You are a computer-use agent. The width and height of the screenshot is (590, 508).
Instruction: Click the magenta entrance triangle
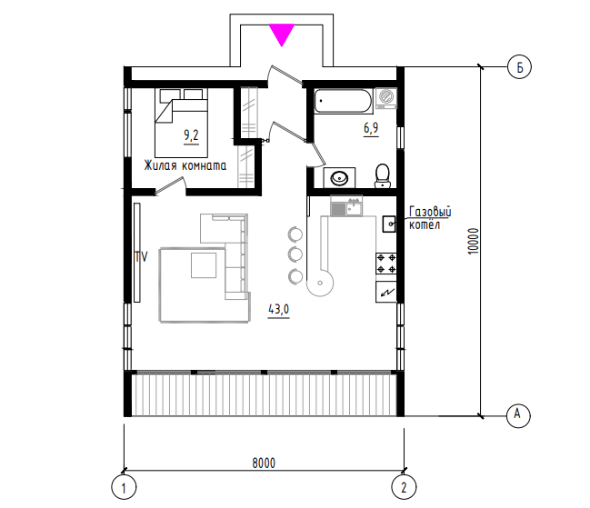tap(282, 33)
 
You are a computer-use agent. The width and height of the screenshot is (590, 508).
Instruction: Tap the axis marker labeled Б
tap(519, 67)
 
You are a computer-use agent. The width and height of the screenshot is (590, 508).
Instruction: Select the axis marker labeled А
tap(518, 415)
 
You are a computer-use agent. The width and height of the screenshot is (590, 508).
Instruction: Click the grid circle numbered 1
tap(124, 487)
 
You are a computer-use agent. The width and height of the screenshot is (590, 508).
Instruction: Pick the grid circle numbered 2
tap(404, 487)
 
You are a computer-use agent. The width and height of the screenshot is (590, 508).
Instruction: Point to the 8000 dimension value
tap(264, 463)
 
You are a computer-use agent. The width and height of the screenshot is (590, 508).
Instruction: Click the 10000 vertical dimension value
tap(473, 241)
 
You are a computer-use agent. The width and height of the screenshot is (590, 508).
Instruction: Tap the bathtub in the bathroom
tap(343, 101)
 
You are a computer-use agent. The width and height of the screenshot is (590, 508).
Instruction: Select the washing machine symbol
tap(386, 98)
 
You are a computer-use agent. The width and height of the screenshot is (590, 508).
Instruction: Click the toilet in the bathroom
tap(383, 175)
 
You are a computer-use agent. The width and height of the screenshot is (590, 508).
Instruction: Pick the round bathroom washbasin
tap(339, 177)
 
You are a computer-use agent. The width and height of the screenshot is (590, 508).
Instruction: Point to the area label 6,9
tap(371, 128)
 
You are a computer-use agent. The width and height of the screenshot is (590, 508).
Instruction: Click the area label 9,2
tap(191, 135)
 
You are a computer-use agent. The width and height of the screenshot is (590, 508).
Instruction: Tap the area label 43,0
tap(279, 310)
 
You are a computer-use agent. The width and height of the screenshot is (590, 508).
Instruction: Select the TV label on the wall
tap(142, 257)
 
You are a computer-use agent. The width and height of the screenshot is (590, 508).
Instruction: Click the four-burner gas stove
tap(386, 264)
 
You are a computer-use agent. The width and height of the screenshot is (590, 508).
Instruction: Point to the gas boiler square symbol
tap(389, 224)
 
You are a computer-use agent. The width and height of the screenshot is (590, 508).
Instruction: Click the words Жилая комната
tap(185, 165)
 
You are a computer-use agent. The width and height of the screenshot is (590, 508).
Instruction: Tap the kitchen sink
tap(346, 207)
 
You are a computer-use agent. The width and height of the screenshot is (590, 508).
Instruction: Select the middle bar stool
tap(295, 254)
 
